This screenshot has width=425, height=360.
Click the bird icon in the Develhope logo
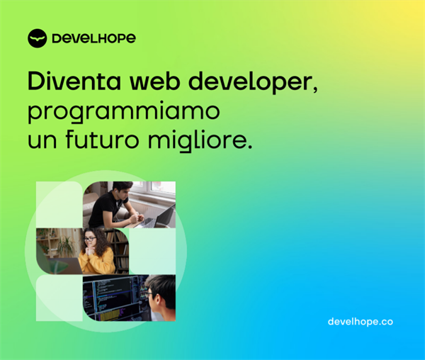(x=37, y=38)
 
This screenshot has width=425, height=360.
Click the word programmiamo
(x=123, y=113)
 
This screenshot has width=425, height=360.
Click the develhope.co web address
(x=360, y=322)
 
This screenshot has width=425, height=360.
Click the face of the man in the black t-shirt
(x=123, y=193)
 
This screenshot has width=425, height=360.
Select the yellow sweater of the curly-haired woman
(x=97, y=262)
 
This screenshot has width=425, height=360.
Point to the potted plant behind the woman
(x=65, y=245)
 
